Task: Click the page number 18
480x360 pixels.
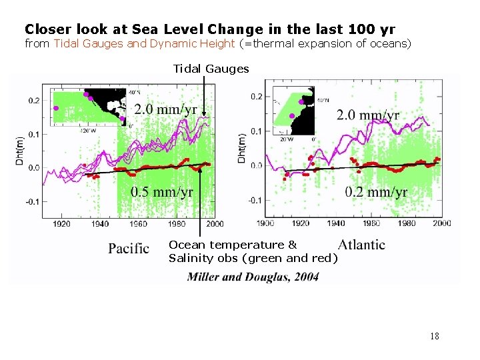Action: tap(435, 336)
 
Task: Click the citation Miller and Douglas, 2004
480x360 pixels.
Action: tap(253, 277)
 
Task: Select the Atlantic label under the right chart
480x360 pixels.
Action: tap(361, 245)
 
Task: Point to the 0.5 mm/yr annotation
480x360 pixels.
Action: tap(162, 192)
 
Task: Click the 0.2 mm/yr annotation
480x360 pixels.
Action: tap(376, 192)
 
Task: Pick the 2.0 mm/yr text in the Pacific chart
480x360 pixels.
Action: tap(166, 109)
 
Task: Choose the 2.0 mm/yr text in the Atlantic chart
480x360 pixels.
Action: tap(367, 115)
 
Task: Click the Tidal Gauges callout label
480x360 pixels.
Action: tap(211, 69)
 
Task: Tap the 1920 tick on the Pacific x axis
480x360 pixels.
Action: tap(61, 224)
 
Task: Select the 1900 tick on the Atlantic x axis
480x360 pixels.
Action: tap(265, 223)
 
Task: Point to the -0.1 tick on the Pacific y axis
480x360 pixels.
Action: tap(32, 201)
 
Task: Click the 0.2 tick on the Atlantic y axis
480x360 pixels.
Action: tap(256, 97)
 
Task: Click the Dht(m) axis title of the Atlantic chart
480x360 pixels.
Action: tap(243, 148)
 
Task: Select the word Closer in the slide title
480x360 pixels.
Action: tap(46, 29)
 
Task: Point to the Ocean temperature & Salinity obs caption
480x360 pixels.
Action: tap(253, 252)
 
